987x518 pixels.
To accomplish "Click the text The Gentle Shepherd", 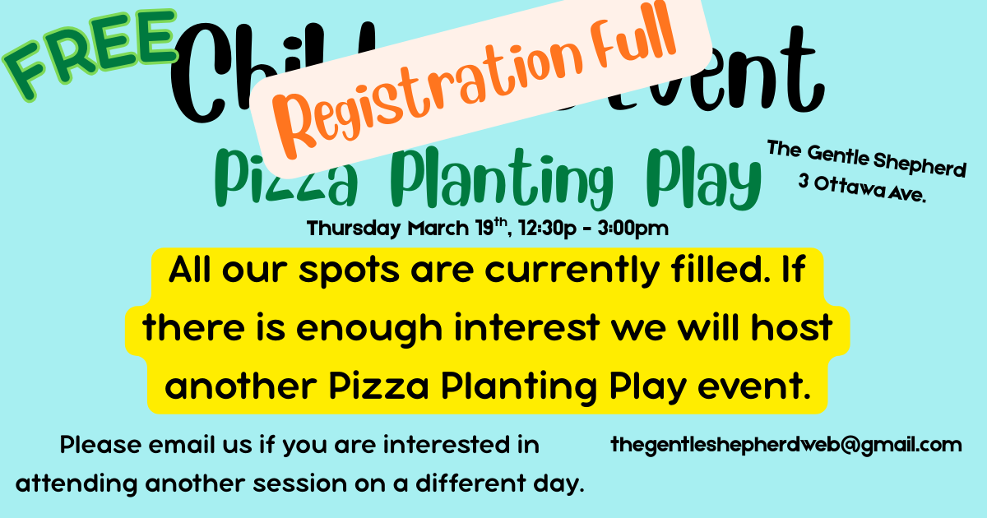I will coord(865,160).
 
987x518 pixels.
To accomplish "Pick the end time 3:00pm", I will coord(633,228).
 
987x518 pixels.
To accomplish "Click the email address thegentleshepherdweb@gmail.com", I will coord(785,445).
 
